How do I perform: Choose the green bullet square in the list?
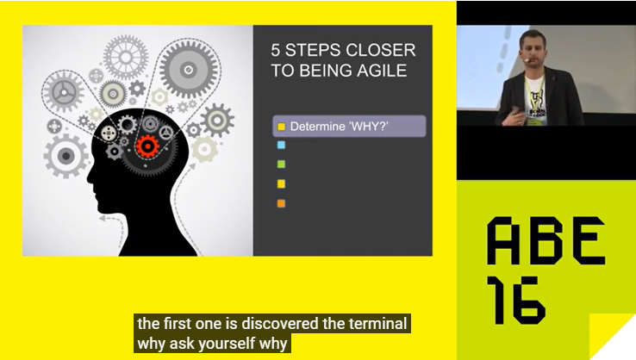pyautogui.click(x=281, y=164)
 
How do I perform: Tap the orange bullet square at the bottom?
pyautogui.click(x=281, y=204)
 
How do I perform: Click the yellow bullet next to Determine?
pyautogui.click(x=281, y=127)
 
